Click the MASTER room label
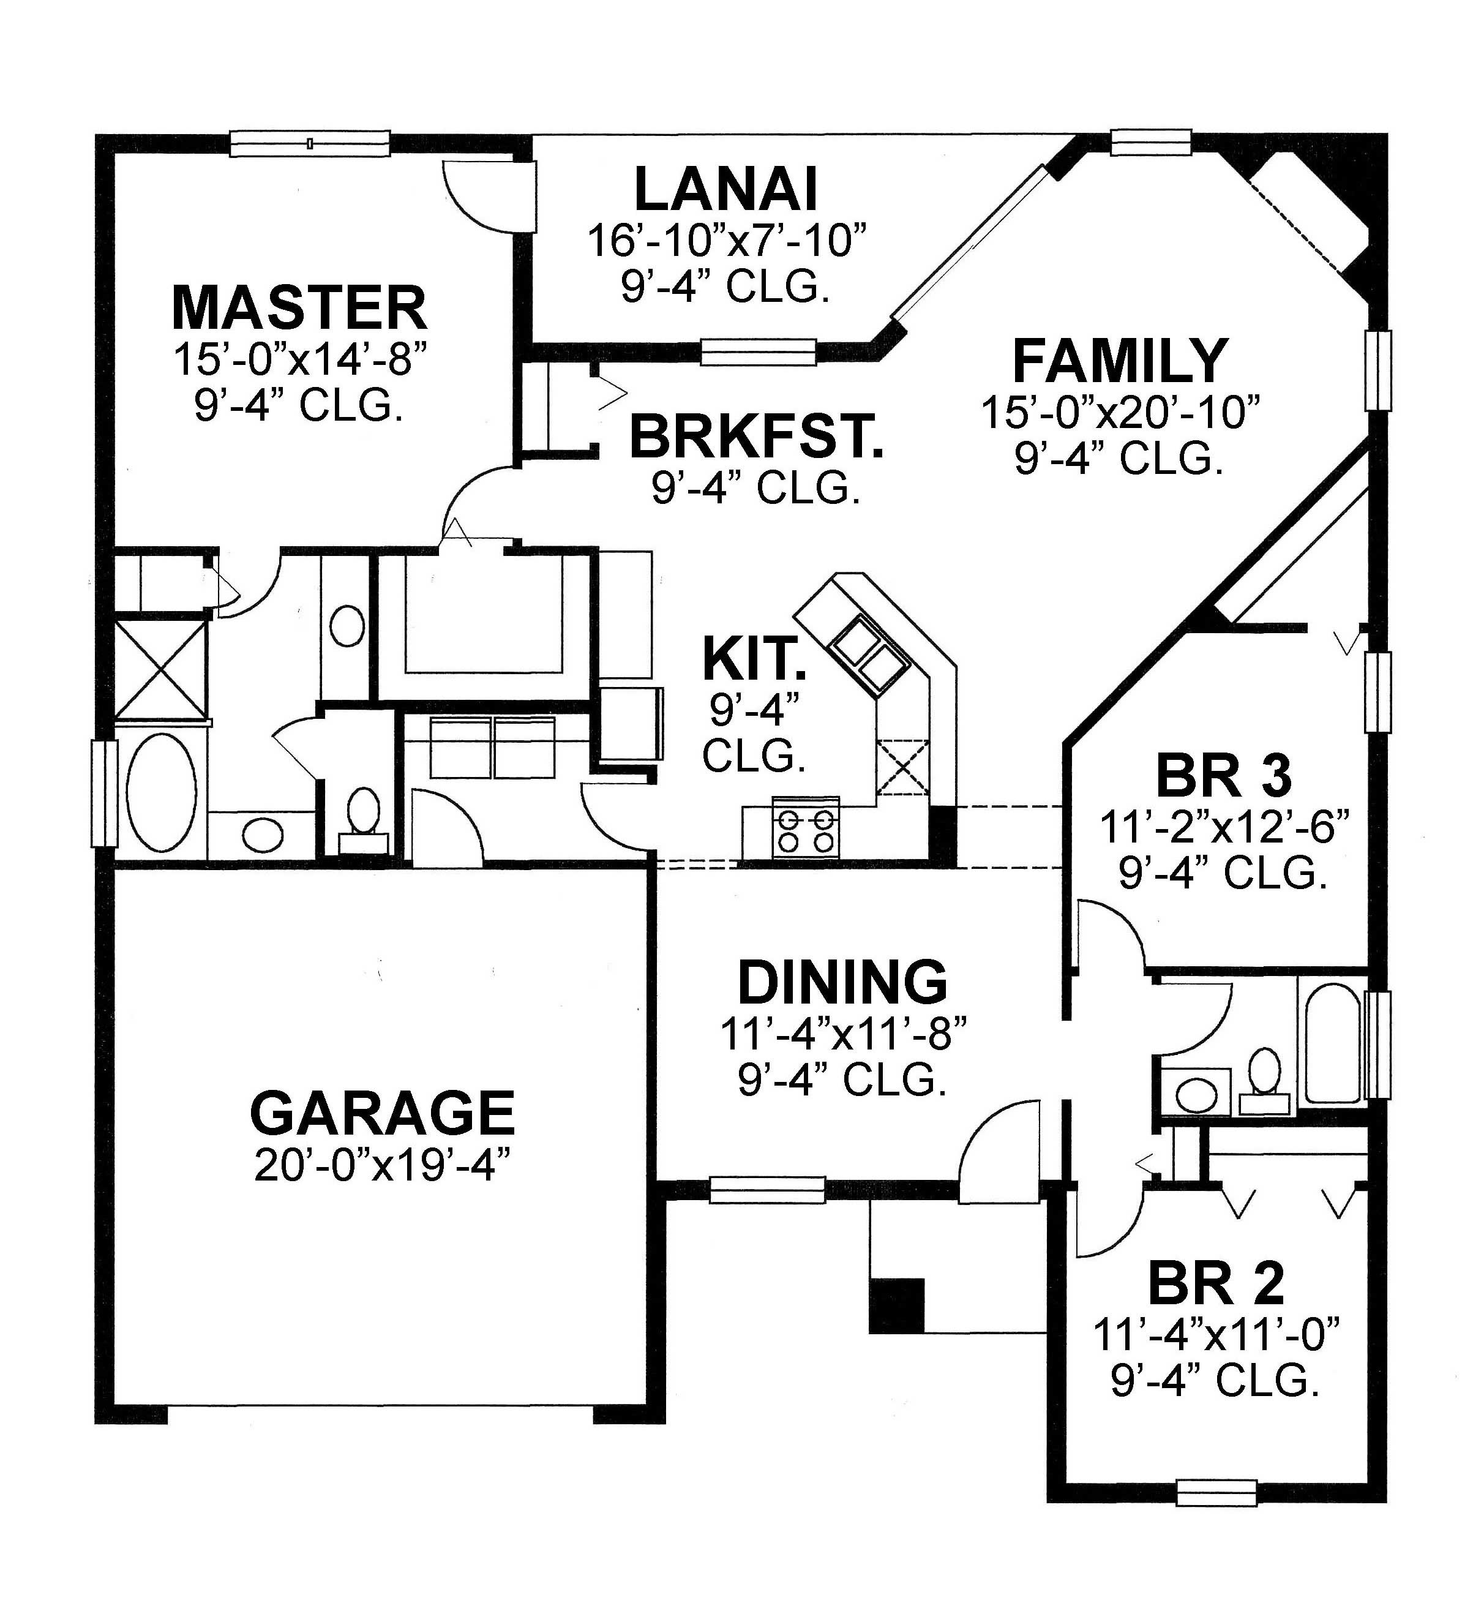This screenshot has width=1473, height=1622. point(299,308)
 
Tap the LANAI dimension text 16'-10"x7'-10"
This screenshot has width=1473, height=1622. point(727,241)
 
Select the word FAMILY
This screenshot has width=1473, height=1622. point(1120,362)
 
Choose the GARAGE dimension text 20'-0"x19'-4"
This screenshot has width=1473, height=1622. point(383,1166)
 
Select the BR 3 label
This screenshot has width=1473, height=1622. point(1223,776)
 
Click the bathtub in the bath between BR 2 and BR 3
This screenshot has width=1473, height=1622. point(1332,1043)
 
